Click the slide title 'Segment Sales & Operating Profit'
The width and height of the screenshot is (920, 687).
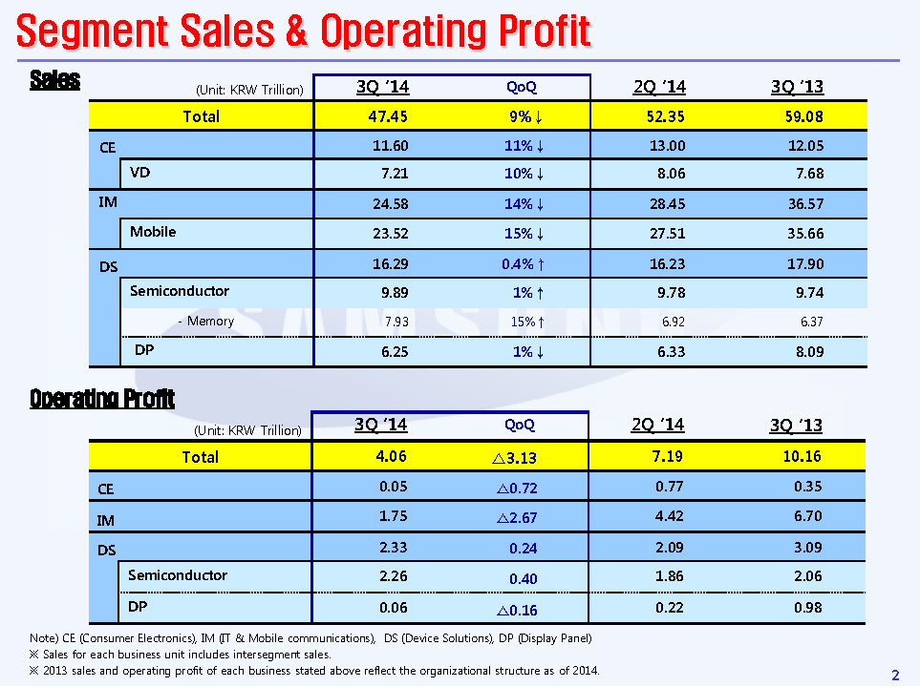click(x=304, y=32)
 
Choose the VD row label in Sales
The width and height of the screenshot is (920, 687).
click(x=140, y=174)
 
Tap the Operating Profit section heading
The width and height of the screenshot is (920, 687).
click(x=102, y=398)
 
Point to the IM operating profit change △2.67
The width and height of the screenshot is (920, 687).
click(x=516, y=519)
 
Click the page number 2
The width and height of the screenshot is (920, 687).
click(x=895, y=676)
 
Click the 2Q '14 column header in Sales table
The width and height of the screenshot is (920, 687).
click(x=659, y=88)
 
